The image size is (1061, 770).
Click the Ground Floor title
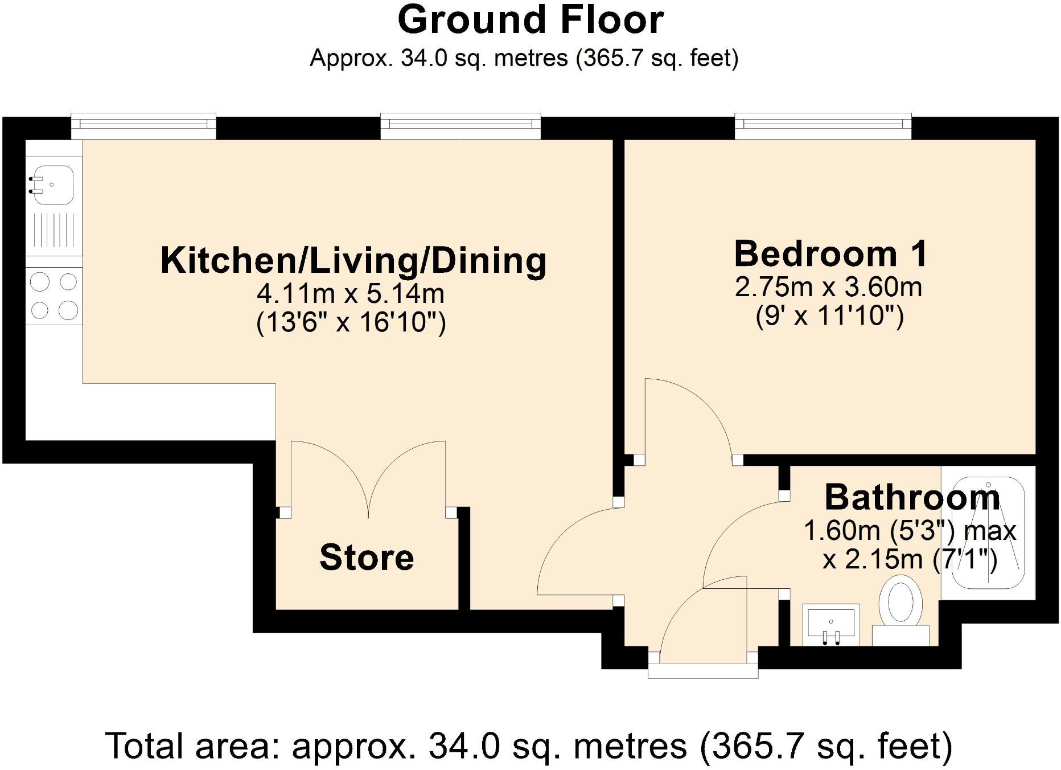pos(530,21)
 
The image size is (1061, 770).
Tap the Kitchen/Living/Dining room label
pos(353,260)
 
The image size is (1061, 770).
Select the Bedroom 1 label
pos(830,254)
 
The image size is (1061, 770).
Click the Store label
pos(367,557)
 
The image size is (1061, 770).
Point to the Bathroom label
pos(912,497)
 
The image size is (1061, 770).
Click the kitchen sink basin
pos(53,185)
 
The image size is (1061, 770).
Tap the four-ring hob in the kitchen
pos(54,296)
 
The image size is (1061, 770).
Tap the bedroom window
pos(823,125)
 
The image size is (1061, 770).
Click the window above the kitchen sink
pos(143,125)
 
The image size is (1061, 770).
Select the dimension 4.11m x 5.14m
pos(350,294)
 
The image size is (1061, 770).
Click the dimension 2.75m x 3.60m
pos(828,287)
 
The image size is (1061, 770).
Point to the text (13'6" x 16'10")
pos(351,323)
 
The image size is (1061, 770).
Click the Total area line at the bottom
pos(529,746)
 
